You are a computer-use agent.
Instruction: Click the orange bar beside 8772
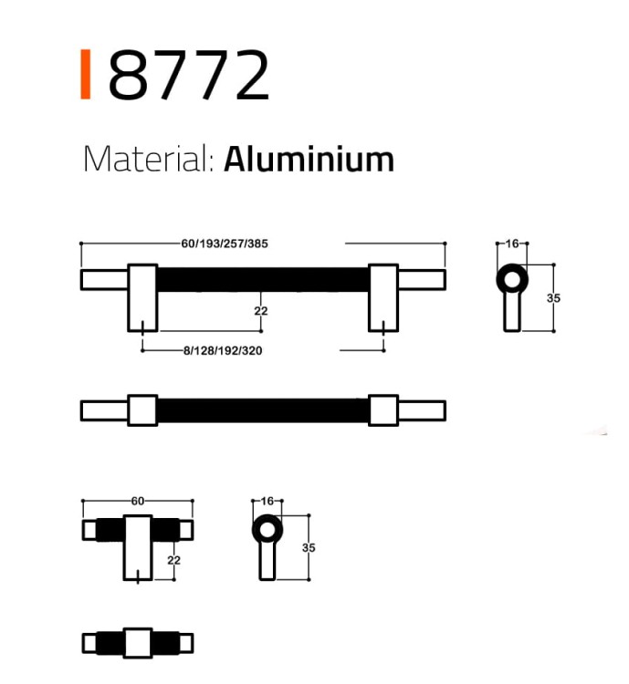pyautogui.click(x=86, y=74)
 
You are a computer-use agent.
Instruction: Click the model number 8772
pyautogui.click(x=189, y=75)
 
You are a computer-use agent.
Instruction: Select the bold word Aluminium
pyautogui.click(x=309, y=160)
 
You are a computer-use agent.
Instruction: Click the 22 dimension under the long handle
pyautogui.click(x=261, y=311)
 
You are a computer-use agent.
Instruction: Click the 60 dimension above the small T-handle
pyautogui.click(x=138, y=501)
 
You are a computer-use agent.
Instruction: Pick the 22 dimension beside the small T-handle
pyautogui.click(x=173, y=560)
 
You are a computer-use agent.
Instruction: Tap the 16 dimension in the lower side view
pyautogui.click(x=267, y=501)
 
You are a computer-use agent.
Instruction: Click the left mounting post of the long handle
pyautogui.click(x=142, y=298)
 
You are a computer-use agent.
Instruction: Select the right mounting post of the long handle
pyautogui.click(x=383, y=298)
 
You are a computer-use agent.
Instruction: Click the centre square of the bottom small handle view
pyautogui.click(x=138, y=643)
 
